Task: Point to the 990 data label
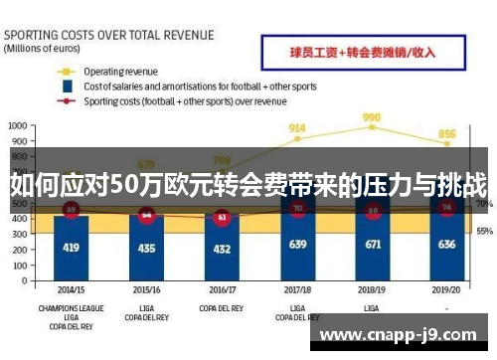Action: click(372, 116)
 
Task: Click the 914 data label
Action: click(297, 127)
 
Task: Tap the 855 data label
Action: click(447, 133)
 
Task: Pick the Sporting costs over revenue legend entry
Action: click(184, 100)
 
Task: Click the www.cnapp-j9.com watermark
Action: click(403, 335)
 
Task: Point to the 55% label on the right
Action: click(484, 231)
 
